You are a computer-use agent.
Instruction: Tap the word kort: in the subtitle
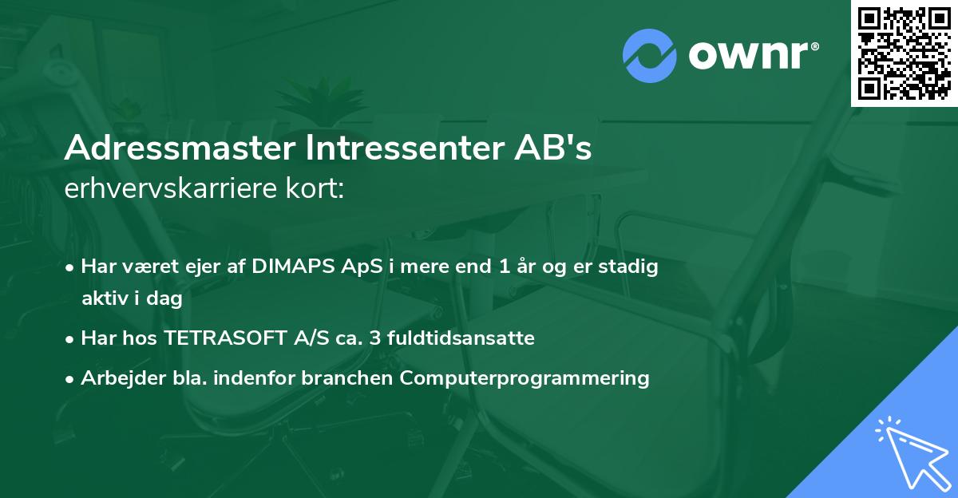click(x=317, y=188)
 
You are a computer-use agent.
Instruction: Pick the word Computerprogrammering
click(x=525, y=378)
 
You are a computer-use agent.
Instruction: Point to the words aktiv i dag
click(x=132, y=299)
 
